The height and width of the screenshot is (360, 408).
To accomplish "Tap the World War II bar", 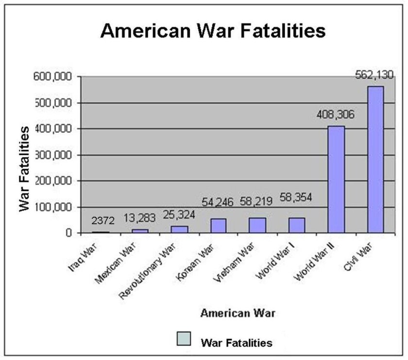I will (x=336, y=179).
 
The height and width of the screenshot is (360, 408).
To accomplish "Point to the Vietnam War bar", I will (x=257, y=225).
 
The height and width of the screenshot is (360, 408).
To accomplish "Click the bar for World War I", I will (x=297, y=225).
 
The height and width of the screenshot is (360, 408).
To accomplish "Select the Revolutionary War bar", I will (x=180, y=229).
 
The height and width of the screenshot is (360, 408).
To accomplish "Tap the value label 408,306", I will (x=335, y=115).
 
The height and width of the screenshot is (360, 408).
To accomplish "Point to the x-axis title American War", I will (x=238, y=313).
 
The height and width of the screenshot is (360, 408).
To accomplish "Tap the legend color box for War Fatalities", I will (x=184, y=338).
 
